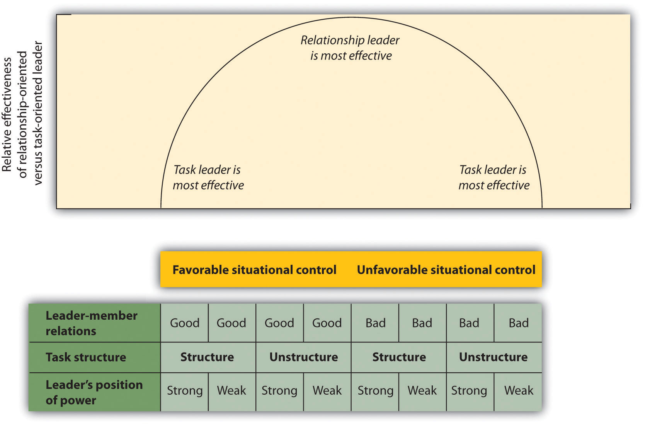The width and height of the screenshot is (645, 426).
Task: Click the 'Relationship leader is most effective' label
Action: tap(350, 48)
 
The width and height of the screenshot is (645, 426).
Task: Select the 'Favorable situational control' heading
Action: tap(254, 270)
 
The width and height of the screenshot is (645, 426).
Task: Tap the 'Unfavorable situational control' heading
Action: tap(446, 270)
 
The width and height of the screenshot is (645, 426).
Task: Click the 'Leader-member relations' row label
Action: tap(92, 323)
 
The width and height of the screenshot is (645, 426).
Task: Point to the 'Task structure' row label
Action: tap(86, 357)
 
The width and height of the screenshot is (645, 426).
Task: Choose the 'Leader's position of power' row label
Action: tap(94, 392)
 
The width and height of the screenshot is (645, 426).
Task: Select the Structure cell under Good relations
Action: tap(207, 357)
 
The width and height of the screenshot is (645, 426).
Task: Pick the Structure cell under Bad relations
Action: tap(399, 357)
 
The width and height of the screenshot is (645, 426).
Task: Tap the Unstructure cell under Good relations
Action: tap(303, 357)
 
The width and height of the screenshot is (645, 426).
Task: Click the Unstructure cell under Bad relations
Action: tap(493, 357)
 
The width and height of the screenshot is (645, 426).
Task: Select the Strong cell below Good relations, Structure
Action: tap(185, 391)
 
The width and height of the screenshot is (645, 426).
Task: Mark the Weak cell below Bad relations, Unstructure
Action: tap(519, 391)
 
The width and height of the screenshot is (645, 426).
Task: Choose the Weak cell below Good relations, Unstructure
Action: tap(327, 391)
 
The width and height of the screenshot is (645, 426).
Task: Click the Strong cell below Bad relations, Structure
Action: tap(375, 391)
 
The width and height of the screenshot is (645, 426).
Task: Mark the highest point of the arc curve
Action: tap(351, 17)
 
